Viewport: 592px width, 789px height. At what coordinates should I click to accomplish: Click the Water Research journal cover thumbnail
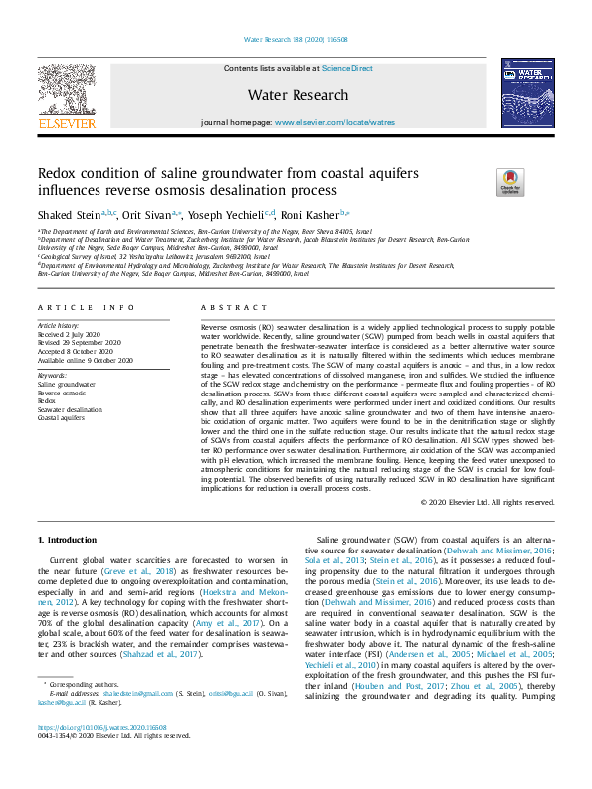point(526,91)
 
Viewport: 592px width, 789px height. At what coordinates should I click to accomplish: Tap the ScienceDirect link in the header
point(348,68)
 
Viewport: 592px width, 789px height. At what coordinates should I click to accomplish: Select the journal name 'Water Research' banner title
point(297,95)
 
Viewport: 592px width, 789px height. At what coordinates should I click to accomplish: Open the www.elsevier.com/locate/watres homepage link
point(334,122)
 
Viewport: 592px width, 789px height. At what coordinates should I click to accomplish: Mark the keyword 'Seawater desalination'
point(70,409)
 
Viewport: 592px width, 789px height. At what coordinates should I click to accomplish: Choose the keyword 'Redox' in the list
point(48,401)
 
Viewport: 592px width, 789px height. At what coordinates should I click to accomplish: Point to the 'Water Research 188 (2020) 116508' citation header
point(296,40)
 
